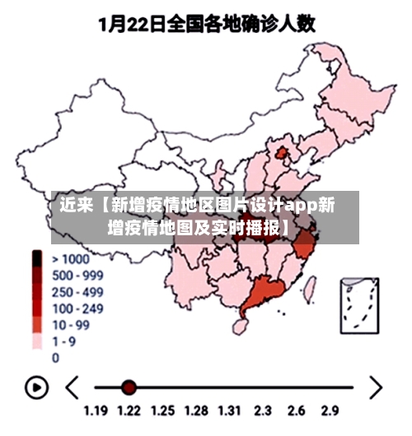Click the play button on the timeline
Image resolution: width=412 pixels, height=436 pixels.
36,387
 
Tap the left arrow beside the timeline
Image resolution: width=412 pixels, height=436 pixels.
73,387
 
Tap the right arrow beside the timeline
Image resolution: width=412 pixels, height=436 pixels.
375,387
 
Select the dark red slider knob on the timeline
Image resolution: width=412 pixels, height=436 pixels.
129,387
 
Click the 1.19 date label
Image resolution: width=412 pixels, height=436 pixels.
96,410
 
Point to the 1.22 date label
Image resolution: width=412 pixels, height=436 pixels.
129,410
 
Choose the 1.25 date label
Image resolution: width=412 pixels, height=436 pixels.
162,410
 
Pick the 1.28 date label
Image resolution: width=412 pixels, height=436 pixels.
196,410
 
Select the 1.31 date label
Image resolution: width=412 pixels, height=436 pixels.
229,410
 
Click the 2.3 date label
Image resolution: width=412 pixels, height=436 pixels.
263,410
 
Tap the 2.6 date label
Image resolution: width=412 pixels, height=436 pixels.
297,410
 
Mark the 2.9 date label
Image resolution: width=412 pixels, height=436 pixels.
330,410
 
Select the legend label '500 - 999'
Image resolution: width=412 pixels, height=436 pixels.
77,276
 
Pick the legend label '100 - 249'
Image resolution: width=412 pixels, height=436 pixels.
77,308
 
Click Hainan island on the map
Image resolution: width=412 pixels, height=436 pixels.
241,327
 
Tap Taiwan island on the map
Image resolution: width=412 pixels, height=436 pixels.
311,287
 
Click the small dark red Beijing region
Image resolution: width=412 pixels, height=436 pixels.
283,154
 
